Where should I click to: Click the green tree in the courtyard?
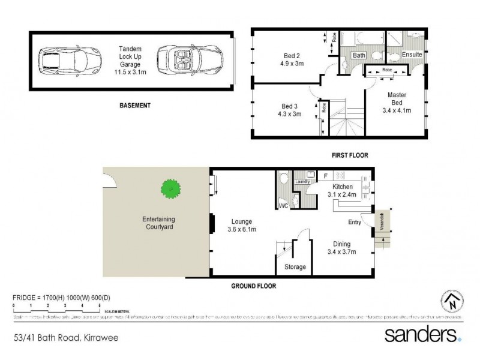pyautogui.click(x=171, y=190)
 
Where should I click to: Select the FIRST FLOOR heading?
pyautogui.click(x=350, y=155)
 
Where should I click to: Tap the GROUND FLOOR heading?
pyautogui.click(x=253, y=287)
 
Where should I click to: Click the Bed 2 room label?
pyautogui.click(x=290, y=58)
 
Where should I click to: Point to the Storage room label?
pyautogui.click(x=294, y=266)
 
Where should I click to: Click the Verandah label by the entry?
pyautogui.click(x=382, y=223)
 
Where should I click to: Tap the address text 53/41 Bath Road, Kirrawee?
pyautogui.click(x=66, y=338)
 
